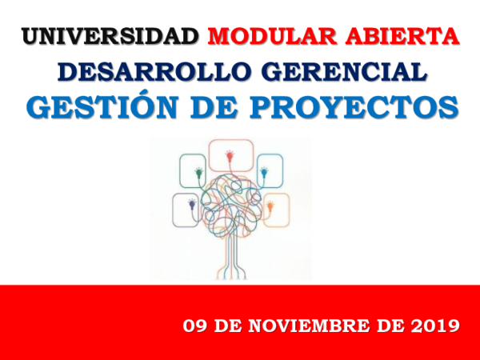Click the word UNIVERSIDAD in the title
point(109,37)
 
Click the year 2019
point(433,326)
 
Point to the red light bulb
point(231,151)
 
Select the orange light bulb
point(270,206)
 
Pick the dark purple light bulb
point(191,206)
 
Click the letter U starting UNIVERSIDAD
point(30,37)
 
